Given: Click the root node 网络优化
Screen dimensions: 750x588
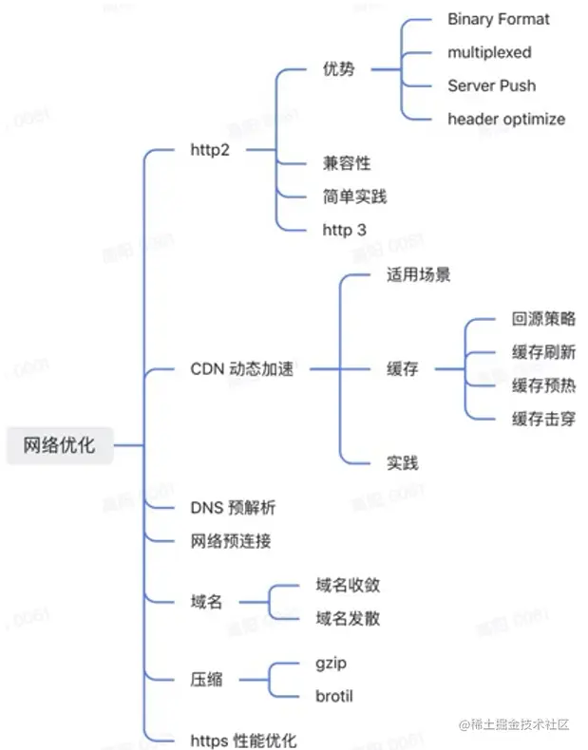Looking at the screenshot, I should [59, 444].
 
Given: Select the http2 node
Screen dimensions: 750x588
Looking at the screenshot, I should [210, 150].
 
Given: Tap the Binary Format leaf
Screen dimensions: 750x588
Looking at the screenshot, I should [498, 19].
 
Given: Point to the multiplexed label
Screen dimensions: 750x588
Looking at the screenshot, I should [489, 52].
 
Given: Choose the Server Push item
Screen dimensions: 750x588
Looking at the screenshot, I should [491, 85].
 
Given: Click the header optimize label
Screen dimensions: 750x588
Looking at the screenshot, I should [506, 119].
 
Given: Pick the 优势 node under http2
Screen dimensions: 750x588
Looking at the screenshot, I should [338, 69].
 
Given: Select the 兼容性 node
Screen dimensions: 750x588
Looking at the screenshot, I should [346, 163].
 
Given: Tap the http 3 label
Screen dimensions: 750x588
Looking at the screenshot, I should [344, 229].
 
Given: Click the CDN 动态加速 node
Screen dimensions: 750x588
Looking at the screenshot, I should [241, 368].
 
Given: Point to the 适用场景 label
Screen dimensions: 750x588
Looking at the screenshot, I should [418, 275].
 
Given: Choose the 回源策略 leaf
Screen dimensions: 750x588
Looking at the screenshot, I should [543, 319].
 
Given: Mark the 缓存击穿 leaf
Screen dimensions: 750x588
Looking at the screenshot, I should [543, 418].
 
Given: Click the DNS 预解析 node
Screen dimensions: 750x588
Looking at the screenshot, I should [233, 508].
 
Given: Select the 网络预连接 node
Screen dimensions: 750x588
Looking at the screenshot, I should [231, 541].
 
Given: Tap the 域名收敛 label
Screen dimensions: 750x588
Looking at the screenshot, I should [348, 585].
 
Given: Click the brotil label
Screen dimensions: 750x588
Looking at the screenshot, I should [333, 696].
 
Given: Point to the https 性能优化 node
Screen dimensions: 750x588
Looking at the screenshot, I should [244, 740].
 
